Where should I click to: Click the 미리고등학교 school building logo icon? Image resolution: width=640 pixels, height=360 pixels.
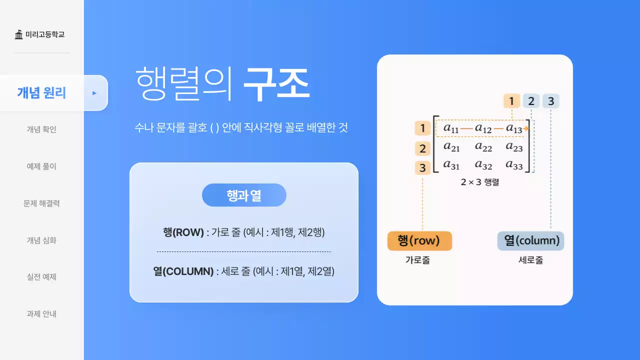(x=19, y=34)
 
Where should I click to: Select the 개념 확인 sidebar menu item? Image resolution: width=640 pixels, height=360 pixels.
(x=41, y=129)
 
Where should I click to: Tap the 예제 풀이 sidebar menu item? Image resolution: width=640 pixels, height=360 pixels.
(x=41, y=166)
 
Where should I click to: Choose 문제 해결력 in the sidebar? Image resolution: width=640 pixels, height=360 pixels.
(x=41, y=203)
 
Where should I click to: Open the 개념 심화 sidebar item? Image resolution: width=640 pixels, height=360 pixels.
(x=41, y=240)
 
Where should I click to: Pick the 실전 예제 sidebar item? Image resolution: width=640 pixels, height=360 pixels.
(x=41, y=277)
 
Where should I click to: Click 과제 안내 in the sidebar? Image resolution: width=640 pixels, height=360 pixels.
(x=41, y=314)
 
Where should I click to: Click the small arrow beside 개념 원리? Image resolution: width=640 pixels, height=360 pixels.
(x=94, y=93)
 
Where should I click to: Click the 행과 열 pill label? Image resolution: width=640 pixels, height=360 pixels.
(x=244, y=195)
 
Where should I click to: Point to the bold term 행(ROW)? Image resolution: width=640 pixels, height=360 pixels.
(x=183, y=232)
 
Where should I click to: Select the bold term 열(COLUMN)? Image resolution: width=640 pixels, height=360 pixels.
(x=183, y=271)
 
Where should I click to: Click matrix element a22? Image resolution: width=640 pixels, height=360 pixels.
(x=483, y=147)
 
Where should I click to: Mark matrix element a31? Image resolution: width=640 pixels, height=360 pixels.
(x=451, y=164)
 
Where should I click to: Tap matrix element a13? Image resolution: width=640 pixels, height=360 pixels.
(x=514, y=128)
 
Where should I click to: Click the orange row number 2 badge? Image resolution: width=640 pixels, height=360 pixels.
(x=422, y=148)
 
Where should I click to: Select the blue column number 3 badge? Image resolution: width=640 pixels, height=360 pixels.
(x=550, y=101)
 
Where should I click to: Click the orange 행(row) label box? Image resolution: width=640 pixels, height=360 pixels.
(x=419, y=241)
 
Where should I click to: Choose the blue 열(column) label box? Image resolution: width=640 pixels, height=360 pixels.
(x=531, y=241)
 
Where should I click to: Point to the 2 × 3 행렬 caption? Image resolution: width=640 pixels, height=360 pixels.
(x=479, y=182)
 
